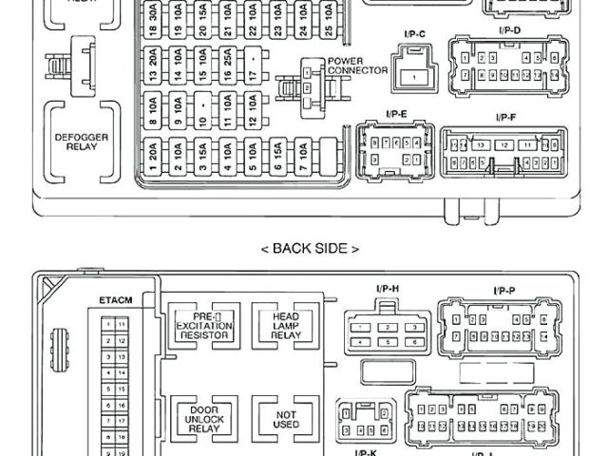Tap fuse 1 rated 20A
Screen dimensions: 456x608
[x=153, y=155]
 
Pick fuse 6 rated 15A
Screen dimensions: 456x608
[x=276, y=155]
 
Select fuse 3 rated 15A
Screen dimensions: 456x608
[x=202, y=155]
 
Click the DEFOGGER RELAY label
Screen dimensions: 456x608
[x=81, y=142]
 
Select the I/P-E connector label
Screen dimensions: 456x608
[x=396, y=115]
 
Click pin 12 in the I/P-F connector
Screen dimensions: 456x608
[x=503, y=144]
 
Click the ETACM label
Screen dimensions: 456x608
[x=115, y=301]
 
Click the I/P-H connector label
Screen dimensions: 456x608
[x=388, y=289]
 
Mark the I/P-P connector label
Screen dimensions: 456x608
[x=505, y=289]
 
